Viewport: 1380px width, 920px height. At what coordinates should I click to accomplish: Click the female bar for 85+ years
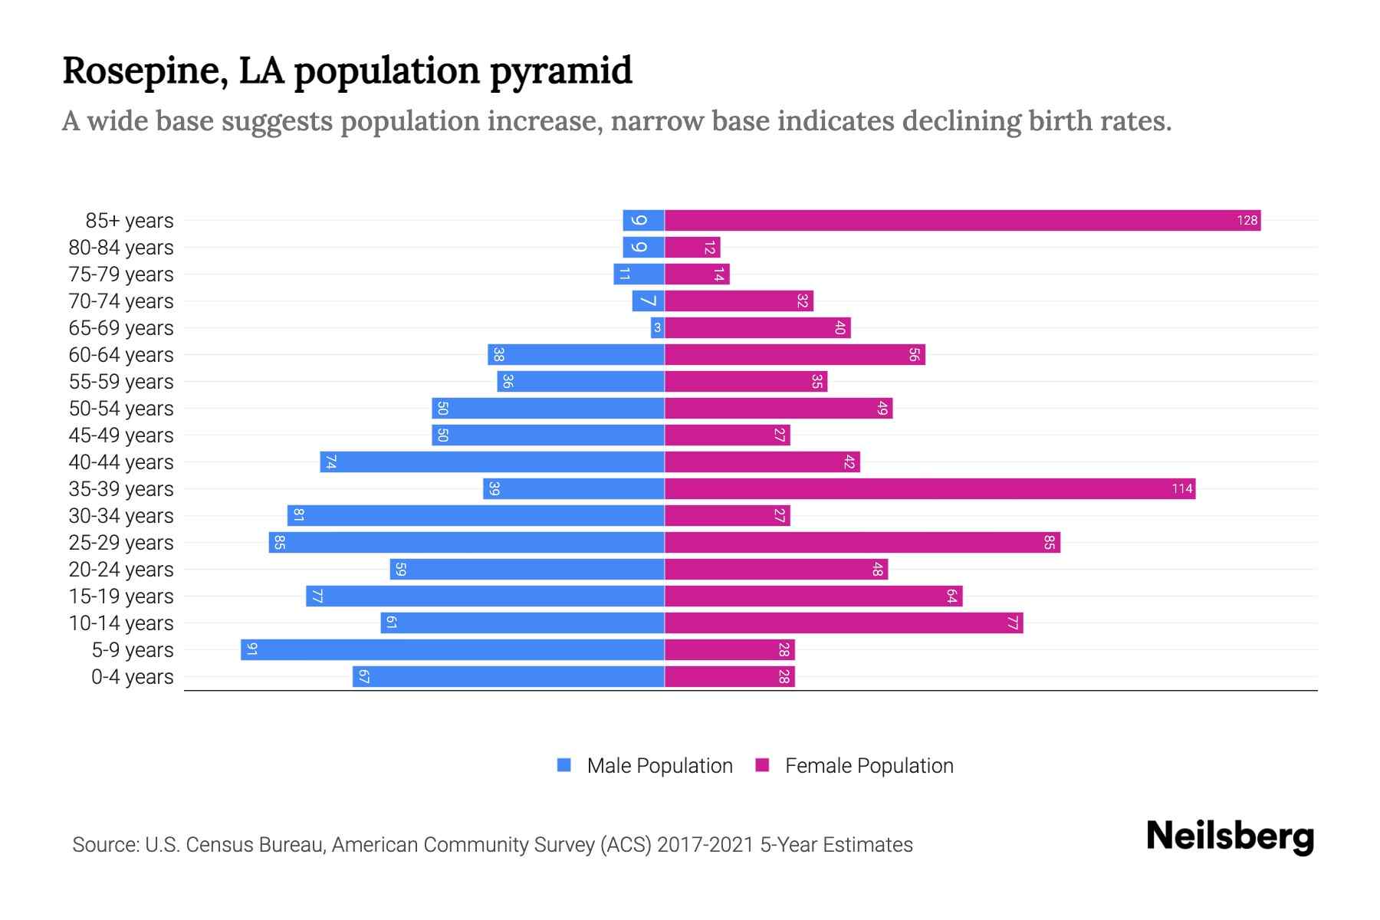click(x=962, y=221)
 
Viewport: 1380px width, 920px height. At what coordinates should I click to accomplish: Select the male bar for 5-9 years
click(x=452, y=650)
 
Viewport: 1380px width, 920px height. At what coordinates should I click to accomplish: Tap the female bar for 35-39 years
click(x=929, y=489)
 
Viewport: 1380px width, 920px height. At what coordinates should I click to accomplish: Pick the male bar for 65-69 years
click(x=657, y=328)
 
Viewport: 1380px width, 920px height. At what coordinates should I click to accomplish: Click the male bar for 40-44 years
click(x=492, y=462)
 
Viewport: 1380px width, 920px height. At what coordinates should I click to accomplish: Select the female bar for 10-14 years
click(x=843, y=623)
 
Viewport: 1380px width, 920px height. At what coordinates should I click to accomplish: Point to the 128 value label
click(x=1247, y=221)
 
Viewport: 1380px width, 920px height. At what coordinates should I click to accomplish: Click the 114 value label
click(x=1181, y=489)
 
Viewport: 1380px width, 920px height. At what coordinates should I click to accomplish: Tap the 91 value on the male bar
click(x=251, y=650)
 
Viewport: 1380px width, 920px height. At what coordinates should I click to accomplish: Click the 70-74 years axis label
click(x=121, y=301)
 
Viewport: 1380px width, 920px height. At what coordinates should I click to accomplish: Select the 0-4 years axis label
click(x=132, y=677)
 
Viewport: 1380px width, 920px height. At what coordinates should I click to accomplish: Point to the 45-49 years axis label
click(x=121, y=435)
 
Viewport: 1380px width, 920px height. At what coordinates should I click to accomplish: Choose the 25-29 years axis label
click(x=121, y=543)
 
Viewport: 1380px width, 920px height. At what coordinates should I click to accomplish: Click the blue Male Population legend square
click(x=564, y=765)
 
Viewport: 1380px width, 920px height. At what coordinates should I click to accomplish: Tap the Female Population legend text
click(x=869, y=766)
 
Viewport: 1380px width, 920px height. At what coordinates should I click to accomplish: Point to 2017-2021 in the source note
click(x=705, y=845)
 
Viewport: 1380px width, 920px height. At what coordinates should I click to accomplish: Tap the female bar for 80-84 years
click(x=692, y=248)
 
